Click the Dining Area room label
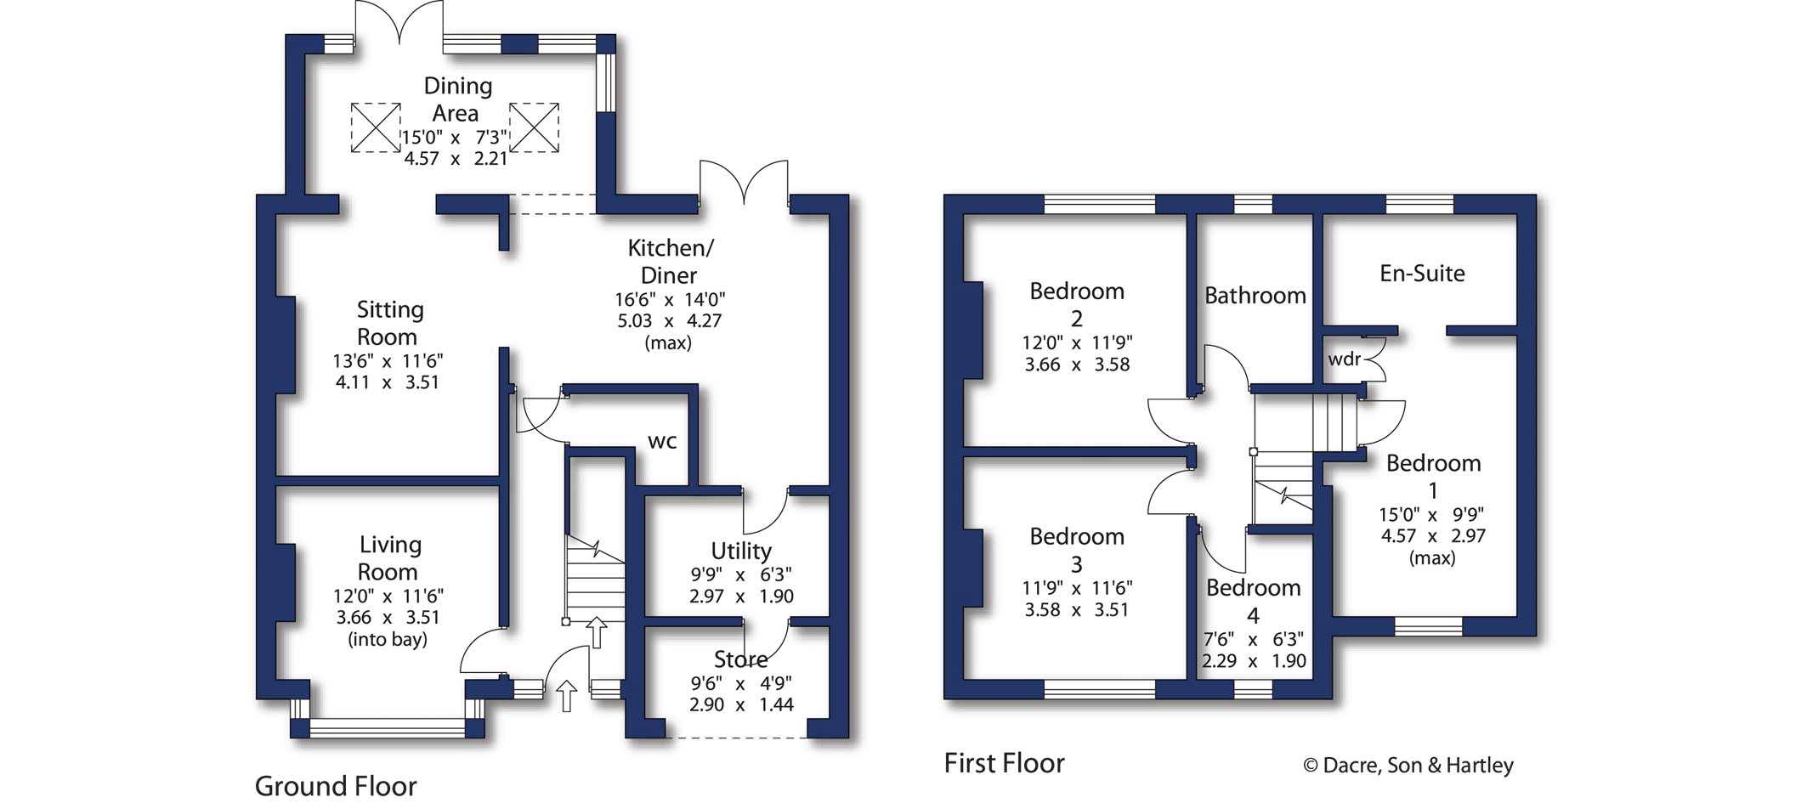(x=456, y=99)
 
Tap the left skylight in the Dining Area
(x=376, y=127)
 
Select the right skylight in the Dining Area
(x=534, y=127)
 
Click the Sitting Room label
(x=388, y=323)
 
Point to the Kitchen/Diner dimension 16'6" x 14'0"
(x=670, y=300)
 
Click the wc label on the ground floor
(x=662, y=441)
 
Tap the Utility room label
(x=741, y=551)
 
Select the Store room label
(x=740, y=659)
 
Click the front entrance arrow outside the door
(x=566, y=695)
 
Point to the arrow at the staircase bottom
(x=597, y=632)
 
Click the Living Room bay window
(x=388, y=727)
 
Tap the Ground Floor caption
(x=336, y=786)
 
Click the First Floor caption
(x=1004, y=763)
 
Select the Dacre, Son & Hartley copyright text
(x=1408, y=766)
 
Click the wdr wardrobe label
(x=1344, y=359)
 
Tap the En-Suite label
(x=1422, y=274)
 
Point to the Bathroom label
(x=1255, y=296)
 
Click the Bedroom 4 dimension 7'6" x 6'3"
(x=1253, y=639)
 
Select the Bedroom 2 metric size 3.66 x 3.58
(x=1077, y=365)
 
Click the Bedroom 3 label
(x=1077, y=550)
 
